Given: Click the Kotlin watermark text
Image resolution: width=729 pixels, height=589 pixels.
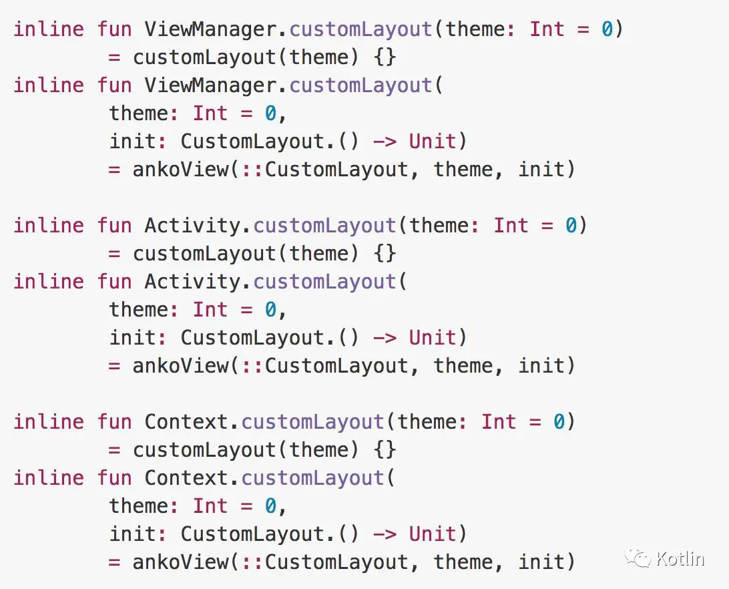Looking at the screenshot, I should [680, 558].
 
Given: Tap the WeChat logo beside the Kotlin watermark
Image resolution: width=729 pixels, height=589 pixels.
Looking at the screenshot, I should [638, 558].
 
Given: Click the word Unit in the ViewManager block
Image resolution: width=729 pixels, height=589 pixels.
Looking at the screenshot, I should [433, 142].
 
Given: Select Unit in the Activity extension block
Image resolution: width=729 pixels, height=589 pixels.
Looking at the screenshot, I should [433, 338].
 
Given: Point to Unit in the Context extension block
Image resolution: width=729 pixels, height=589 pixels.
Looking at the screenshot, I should [433, 534].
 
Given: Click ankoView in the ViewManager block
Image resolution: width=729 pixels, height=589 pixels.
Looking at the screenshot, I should [180, 170].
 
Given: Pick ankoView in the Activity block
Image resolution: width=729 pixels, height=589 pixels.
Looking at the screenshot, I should [180, 366].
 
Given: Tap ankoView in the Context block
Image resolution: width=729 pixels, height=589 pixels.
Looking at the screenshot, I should [180, 562].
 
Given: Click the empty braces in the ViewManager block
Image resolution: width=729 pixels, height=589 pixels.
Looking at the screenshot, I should [385, 57].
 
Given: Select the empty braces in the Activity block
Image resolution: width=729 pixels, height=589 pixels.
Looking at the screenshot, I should [385, 254].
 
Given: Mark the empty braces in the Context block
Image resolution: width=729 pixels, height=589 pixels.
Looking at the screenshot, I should [385, 450].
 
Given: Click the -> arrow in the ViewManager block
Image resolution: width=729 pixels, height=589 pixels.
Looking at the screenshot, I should [385, 142].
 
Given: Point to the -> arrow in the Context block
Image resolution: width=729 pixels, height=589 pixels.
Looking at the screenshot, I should [385, 534].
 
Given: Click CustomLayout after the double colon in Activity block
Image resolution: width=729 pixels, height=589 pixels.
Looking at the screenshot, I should [336, 366].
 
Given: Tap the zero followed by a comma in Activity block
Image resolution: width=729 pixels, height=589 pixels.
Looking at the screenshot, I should [270, 310].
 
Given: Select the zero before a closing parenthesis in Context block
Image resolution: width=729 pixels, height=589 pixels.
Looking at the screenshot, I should [559, 422].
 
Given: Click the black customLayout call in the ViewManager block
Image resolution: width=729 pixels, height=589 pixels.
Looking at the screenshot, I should [204, 57].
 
